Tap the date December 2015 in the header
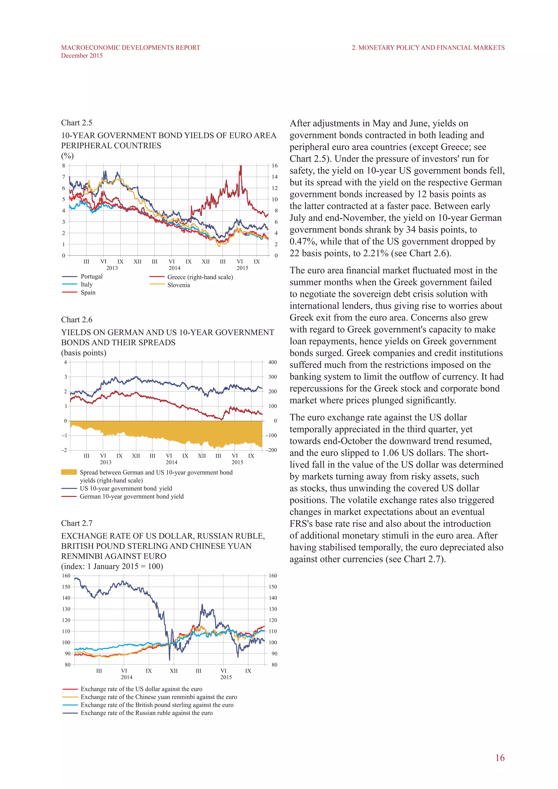[x=82, y=56]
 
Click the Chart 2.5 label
[x=77, y=123]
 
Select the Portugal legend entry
[x=91, y=276]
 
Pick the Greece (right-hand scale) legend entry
[x=200, y=277]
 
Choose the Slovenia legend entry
[x=178, y=285]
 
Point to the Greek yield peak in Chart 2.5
[x=241, y=166]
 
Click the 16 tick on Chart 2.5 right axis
[x=275, y=166]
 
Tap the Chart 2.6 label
[x=77, y=320]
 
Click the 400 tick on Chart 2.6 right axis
[x=272, y=362]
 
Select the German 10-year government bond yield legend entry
[x=132, y=496]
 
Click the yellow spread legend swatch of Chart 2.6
[x=69, y=472]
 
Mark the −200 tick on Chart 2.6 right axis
[x=271, y=450]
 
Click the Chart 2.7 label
[x=77, y=523]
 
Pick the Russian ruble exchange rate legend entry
[x=146, y=713]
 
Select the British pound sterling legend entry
[x=157, y=705]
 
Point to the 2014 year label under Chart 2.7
[x=126, y=677]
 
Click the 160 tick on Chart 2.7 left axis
[x=66, y=576]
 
